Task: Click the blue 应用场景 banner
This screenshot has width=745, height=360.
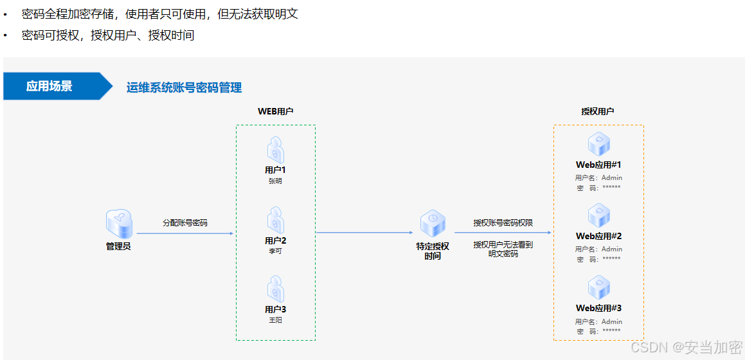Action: point(50,86)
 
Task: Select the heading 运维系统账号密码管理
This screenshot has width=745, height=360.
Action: point(184,87)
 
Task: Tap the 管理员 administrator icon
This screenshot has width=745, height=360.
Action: point(118,223)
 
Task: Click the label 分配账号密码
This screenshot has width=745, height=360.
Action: point(185,223)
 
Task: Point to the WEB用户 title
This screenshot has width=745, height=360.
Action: point(276,111)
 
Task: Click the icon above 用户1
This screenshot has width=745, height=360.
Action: point(276,150)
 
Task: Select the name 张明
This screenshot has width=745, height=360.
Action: point(275,181)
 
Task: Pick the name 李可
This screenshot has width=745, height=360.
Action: point(275,251)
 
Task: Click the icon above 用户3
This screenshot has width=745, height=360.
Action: point(276,289)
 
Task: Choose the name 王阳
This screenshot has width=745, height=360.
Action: point(275,320)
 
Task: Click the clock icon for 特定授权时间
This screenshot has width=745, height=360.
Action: point(433,223)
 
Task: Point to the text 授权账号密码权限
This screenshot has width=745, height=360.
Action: point(503,223)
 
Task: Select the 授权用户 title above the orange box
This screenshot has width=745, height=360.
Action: point(598,111)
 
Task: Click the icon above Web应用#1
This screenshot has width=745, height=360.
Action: point(598,144)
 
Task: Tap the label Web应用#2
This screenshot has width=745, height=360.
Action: point(598,237)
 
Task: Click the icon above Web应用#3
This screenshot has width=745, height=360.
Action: point(598,287)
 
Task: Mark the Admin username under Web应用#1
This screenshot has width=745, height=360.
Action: point(611,178)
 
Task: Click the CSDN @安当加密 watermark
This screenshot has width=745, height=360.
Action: point(687,348)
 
